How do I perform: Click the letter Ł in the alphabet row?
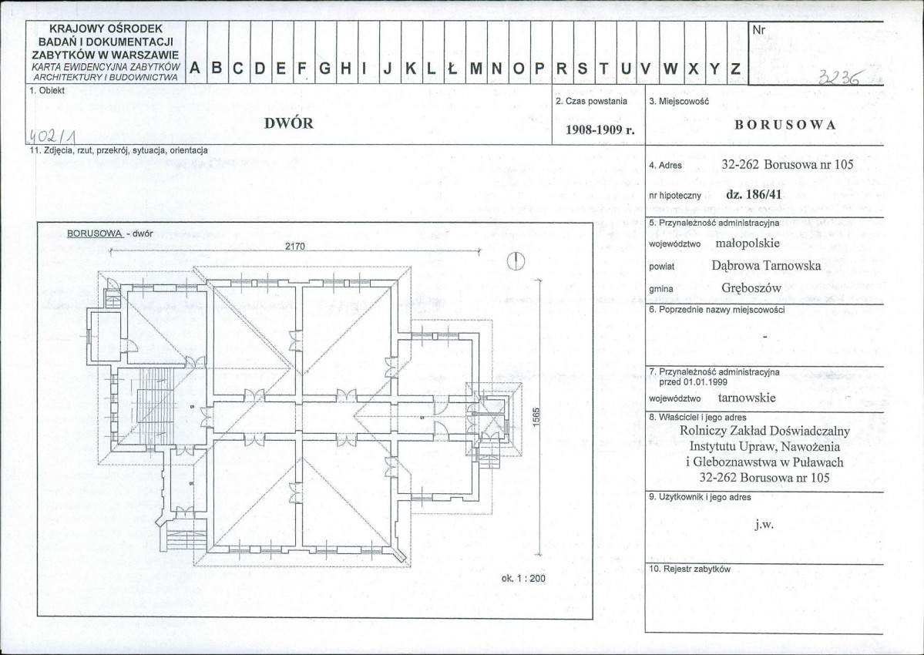pos(452,69)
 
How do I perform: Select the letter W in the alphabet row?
pos(670,69)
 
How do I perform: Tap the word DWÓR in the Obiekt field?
pos(289,124)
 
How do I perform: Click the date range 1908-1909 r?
pos(600,129)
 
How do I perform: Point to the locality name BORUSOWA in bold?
pos(785,125)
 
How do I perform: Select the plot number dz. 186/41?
pos(754,194)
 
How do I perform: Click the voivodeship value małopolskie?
pos(748,243)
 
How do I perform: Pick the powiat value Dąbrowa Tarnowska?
pos(766,265)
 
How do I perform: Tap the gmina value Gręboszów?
pos(751,288)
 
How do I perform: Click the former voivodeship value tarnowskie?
pos(747,398)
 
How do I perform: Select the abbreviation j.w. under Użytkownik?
pos(764,524)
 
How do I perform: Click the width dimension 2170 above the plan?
pos(295,247)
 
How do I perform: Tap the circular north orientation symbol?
pos(516,261)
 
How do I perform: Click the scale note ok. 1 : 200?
pos(523,579)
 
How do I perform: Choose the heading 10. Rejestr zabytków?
pos(690,569)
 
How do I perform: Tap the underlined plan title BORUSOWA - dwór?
pos(109,233)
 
